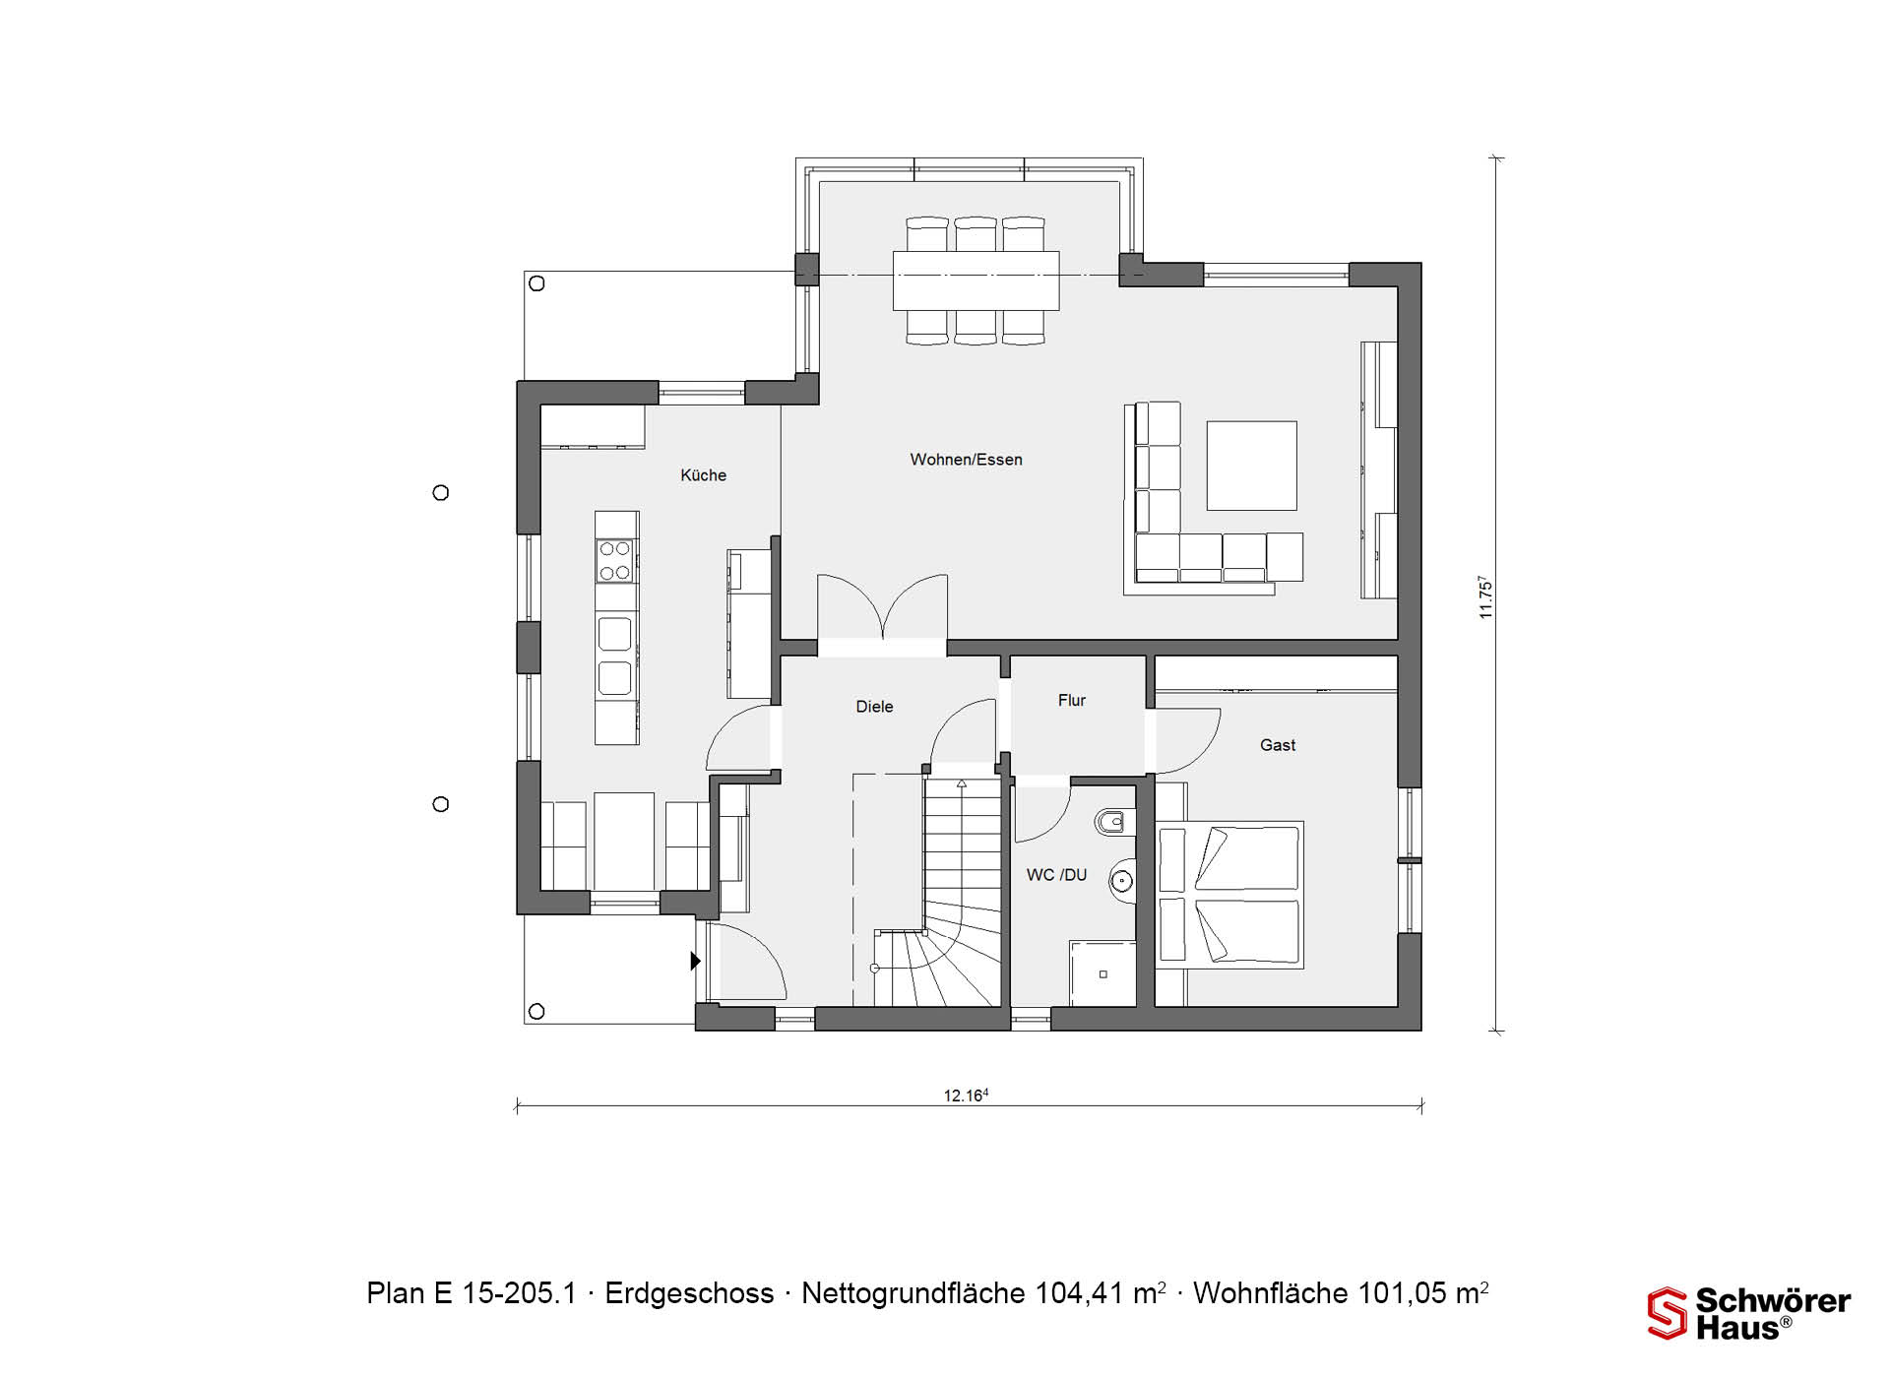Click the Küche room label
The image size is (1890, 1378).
pyautogui.click(x=703, y=475)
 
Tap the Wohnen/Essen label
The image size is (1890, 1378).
pyautogui.click(x=966, y=460)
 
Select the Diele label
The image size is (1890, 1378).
pyautogui.click(x=874, y=707)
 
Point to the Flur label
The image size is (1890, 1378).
pyautogui.click(x=1071, y=701)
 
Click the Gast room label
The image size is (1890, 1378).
pyautogui.click(x=1277, y=745)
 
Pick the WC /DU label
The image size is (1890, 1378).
pyautogui.click(x=1056, y=875)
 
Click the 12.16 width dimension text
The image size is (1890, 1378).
pyautogui.click(x=966, y=1096)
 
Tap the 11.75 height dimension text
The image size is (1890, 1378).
pyautogui.click(x=1485, y=597)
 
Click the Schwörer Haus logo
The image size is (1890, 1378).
pyautogui.click(x=1749, y=1313)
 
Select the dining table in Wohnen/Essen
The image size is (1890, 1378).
pyautogui.click(x=976, y=281)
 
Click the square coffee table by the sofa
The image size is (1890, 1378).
pyautogui.click(x=1251, y=466)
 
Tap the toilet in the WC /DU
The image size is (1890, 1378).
pyautogui.click(x=1113, y=822)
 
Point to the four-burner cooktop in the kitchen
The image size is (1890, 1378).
pyautogui.click(x=615, y=561)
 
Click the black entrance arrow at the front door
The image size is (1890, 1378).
pyautogui.click(x=696, y=960)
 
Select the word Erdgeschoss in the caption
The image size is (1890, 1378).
pyautogui.click(x=689, y=1293)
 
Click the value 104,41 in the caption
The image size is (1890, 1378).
pyautogui.click(x=1079, y=1293)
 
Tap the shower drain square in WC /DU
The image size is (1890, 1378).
pyautogui.click(x=1102, y=974)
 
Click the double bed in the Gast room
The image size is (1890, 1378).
pyautogui.click(x=1228, y=895)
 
